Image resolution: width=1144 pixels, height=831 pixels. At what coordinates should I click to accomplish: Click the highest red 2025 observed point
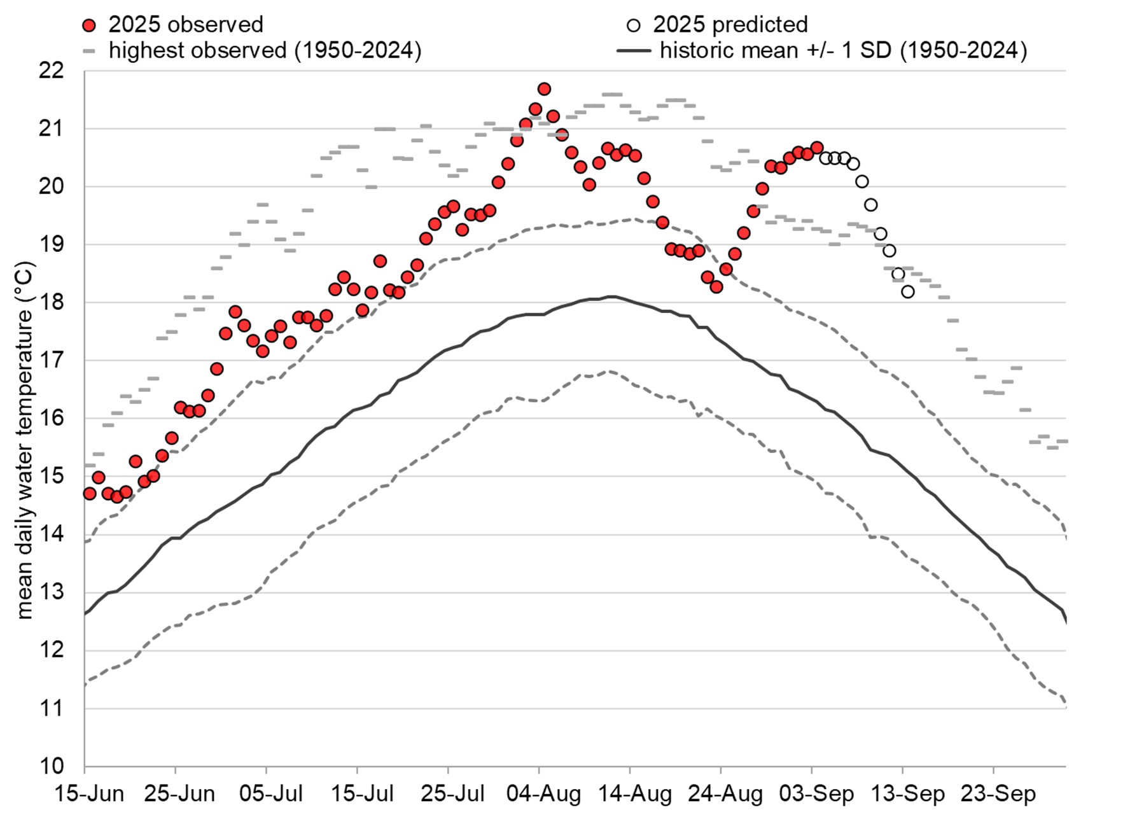[544, 89]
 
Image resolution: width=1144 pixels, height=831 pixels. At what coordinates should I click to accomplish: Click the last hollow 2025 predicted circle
[908, 291]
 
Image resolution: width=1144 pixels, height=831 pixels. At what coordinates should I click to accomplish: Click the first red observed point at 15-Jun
[90, 493]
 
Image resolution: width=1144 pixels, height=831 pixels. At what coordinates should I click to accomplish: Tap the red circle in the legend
[90, 25]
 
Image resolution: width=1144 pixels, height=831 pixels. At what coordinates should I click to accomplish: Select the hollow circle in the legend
[633, 25]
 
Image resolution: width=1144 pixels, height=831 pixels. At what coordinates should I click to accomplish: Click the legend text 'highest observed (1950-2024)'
[265, 50]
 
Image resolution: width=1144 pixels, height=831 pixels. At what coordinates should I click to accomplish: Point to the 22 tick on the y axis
[52, 71]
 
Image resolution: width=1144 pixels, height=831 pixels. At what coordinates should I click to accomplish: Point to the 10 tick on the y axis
[52, 766]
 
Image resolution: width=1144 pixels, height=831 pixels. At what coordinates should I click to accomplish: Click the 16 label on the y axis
[52, 418]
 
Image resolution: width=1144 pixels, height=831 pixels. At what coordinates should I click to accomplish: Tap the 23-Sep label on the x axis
[998, 794]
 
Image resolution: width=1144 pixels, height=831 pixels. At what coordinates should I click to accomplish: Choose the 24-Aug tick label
[725, 794]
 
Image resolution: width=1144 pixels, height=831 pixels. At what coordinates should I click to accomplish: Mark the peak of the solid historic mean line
[611, 297]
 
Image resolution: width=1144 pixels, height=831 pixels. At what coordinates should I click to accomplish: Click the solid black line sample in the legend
[634, 50]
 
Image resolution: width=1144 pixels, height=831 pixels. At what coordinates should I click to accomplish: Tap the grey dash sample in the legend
[90, 50]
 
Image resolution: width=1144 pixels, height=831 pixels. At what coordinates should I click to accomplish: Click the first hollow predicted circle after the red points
[826, 158]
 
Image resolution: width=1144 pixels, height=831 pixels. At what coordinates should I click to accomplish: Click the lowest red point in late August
[716, 286]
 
